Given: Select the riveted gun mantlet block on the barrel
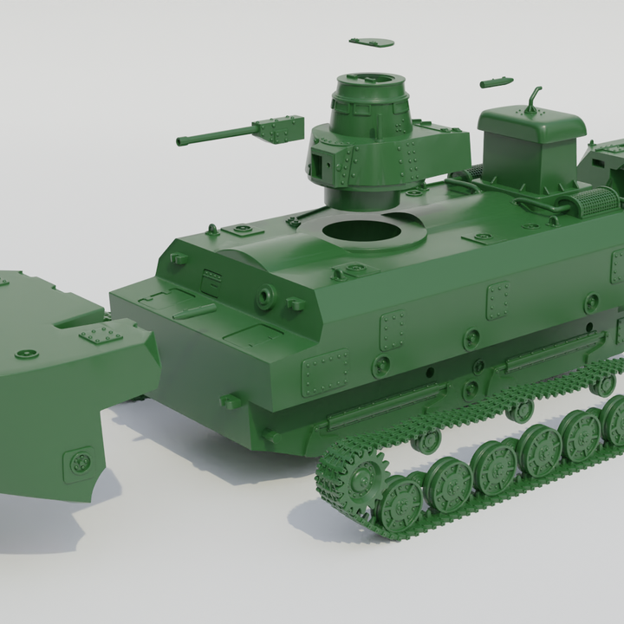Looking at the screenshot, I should coord(279,130).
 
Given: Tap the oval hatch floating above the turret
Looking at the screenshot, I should coord(372,42).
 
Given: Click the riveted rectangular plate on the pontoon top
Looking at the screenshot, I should coord(101,336).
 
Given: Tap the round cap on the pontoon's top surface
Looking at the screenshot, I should coord(27,354).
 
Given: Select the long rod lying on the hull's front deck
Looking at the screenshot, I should coord(194,310).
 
